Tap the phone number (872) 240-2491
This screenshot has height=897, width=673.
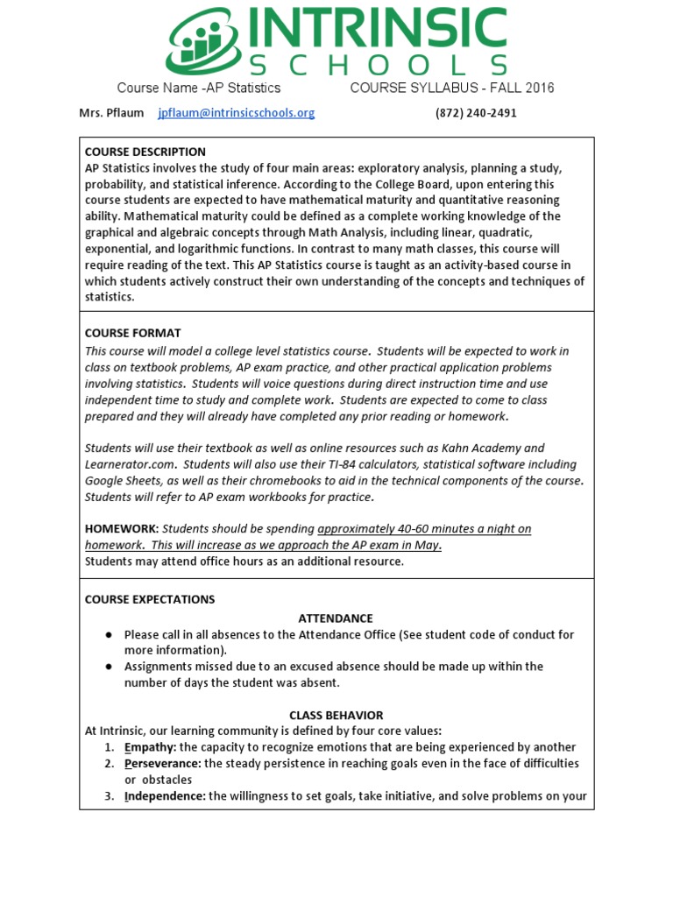pyautogui.click(x=476, y=113)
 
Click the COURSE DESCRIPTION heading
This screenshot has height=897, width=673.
pyautogui.click(x=145, y=152)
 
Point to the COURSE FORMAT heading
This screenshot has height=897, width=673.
pyautogui.click(x=132, y=333)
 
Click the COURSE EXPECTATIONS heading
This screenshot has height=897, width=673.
pyautogui.click(x=149, y=599)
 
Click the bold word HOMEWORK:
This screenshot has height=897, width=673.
pyautogui.click(x=122, y=528)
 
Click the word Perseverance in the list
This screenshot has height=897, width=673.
pyautogui.click(x=161, y=763)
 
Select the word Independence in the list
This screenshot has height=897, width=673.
pyautogui.click(x=164, y=795)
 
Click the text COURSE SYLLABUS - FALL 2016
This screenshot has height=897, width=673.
pyautogui.click(x=451, y=88)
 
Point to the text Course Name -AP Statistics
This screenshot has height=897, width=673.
pyautogui.click(x=199, y=88)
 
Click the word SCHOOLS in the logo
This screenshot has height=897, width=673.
pyautogui.click(x=379, y=66)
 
